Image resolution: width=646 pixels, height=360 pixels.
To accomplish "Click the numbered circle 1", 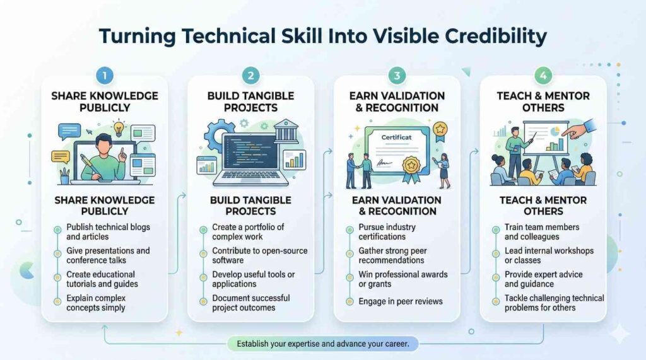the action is [x=105, y=76].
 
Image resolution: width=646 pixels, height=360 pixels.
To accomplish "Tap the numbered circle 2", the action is [x=250, y=76].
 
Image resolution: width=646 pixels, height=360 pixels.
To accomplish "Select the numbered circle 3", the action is [x=397, y=76].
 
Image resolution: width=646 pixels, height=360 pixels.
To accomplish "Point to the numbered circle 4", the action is [x=543, y=76].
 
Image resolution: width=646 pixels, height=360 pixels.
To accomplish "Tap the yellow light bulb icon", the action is [x=119, y=128].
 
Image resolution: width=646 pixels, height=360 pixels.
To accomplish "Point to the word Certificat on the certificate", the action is [x=396, y=137].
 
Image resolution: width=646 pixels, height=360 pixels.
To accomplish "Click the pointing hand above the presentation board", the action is [x=579, y=129].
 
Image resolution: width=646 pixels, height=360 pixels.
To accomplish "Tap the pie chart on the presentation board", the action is [x=555, y=131].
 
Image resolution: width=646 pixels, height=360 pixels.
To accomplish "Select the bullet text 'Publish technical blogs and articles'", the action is [x=108, y=232].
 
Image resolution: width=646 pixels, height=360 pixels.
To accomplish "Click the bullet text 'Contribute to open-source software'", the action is [x=259, y=255].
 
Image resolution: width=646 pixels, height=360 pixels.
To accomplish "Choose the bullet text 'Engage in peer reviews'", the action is [x=401, y=301].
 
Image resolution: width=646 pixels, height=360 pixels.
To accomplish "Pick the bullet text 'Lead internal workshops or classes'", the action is [x=549, y=255].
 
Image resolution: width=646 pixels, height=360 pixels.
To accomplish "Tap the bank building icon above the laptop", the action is [x=286, y=131].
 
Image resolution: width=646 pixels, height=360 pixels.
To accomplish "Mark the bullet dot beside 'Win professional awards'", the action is [x=349, y=277].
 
